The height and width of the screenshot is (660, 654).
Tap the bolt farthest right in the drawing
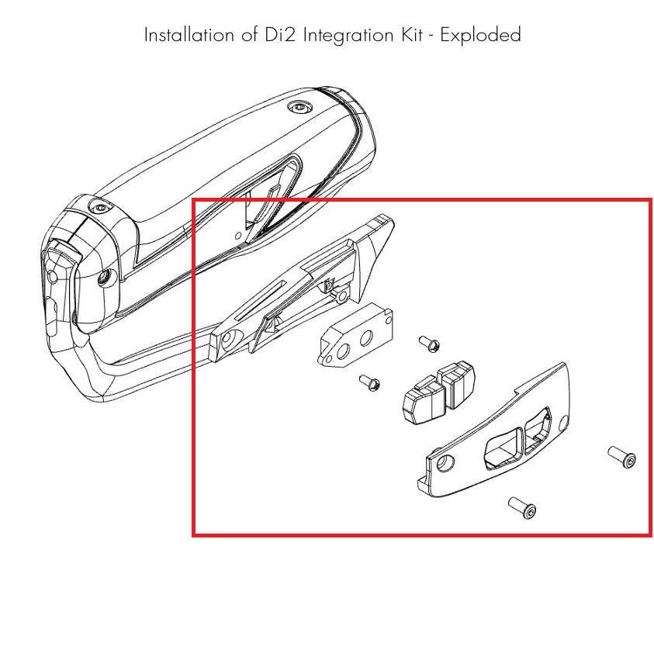623,458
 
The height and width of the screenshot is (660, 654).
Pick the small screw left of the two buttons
369,382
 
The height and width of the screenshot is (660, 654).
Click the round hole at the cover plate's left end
446,464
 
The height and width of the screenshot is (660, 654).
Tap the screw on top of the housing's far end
299,107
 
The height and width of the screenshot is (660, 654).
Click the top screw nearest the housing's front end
99,207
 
